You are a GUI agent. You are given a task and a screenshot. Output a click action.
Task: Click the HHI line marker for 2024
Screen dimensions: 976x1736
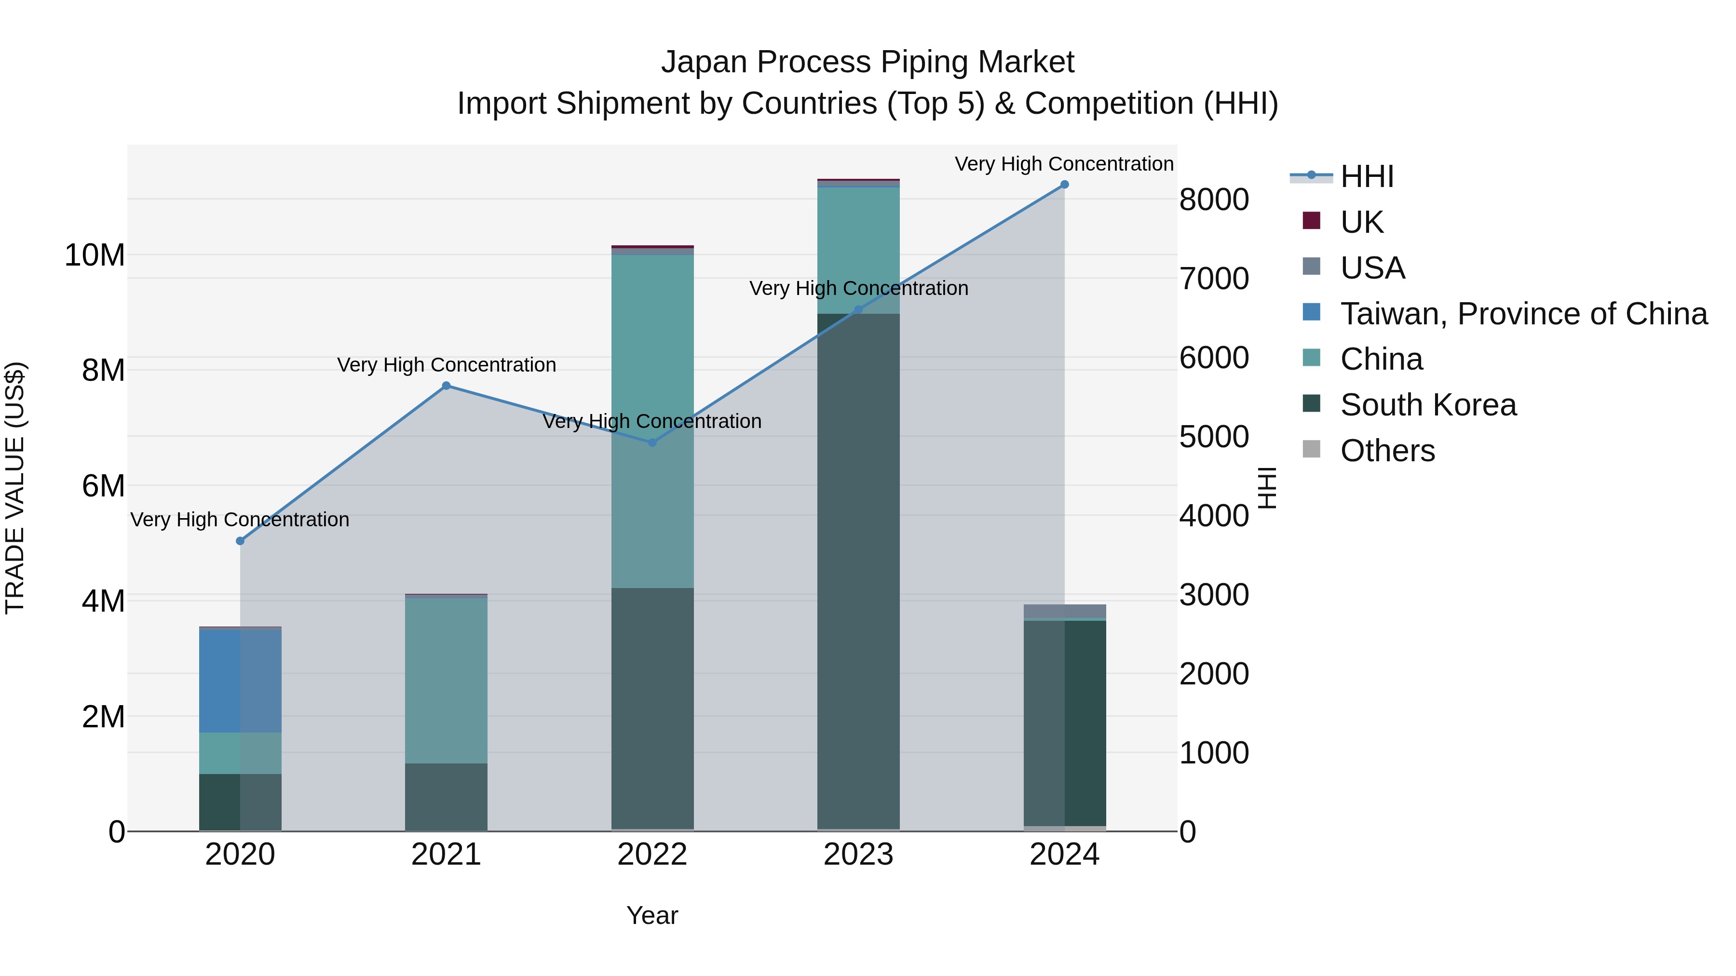pos(1064,185)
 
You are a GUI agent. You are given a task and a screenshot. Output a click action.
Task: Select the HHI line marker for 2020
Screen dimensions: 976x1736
pos(241,541)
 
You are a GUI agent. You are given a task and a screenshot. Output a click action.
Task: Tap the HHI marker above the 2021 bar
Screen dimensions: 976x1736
pos(446,386)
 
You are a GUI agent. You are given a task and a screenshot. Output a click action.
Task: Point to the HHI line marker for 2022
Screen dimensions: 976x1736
pos(652,442)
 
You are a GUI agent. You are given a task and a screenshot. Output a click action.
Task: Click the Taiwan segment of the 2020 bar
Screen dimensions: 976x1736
pos(241,680)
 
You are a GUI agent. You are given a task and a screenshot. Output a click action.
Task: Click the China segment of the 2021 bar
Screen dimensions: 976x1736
pos(446,680)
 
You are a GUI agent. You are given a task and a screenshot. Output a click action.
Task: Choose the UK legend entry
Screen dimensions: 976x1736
pos(1361,222)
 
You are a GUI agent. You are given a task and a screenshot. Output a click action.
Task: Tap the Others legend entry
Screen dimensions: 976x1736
pos(1387,451)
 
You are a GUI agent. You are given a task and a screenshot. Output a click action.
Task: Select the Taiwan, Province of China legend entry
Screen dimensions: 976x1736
pos(1523,314)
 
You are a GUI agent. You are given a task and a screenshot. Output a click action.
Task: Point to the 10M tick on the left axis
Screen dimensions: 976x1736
pos(95,256)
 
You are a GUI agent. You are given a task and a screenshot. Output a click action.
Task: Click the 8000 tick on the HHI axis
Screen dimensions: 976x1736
pos(1214,200)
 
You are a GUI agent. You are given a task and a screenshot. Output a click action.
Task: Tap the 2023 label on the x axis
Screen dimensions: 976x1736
pos(858,855)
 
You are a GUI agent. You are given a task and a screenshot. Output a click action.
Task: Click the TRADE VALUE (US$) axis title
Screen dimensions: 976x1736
pos(15,488)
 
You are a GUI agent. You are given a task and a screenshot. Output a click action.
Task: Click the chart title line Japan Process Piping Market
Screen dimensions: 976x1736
pos(868,62)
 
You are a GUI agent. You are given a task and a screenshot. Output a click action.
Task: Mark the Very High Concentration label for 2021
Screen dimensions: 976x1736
pos(446,365)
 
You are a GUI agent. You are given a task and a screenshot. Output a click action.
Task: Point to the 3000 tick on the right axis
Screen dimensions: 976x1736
pos(1214,595)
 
